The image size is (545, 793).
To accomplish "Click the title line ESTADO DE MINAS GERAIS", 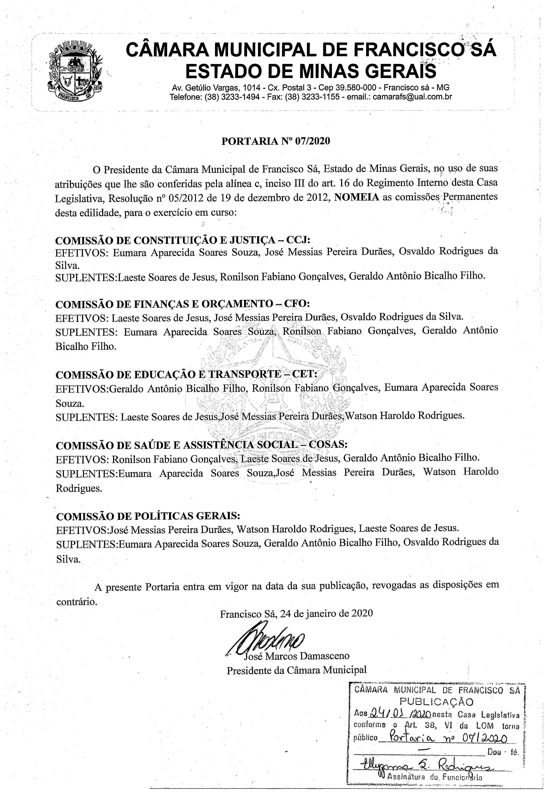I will pos(311,71).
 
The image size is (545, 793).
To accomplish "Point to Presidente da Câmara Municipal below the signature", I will pos(296,670).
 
